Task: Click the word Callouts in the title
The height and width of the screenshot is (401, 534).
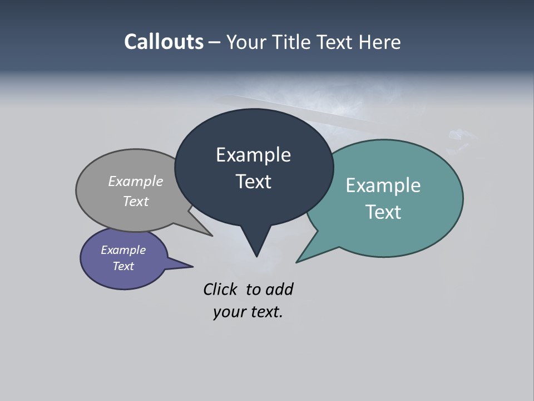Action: pos(164,42)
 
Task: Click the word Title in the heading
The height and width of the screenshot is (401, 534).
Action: pos(294,42)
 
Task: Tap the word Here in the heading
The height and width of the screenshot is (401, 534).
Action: pos(380,42)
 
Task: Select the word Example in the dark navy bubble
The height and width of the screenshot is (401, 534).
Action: pos(253,155)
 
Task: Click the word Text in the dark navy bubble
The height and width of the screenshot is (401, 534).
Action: pos(253,182)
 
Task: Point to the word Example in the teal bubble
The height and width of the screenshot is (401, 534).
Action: pos(383,185)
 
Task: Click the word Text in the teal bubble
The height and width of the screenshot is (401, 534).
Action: pos(383,212)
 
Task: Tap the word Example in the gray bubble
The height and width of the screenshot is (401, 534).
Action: pos(136,181)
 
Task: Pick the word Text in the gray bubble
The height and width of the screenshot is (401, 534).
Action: pos(136,201)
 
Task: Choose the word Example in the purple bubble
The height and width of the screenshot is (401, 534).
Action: pos(123,250)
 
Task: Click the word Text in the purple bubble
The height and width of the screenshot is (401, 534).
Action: pos(123,266)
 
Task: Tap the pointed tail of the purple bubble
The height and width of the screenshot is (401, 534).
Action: pos(186,266)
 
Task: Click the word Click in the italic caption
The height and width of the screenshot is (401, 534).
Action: pos(221,289)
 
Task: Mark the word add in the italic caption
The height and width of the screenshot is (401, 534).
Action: pos(279,289)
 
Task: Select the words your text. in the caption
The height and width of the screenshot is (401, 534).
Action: pos(248,312)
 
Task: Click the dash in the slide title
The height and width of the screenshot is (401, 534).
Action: pos(215,42)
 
